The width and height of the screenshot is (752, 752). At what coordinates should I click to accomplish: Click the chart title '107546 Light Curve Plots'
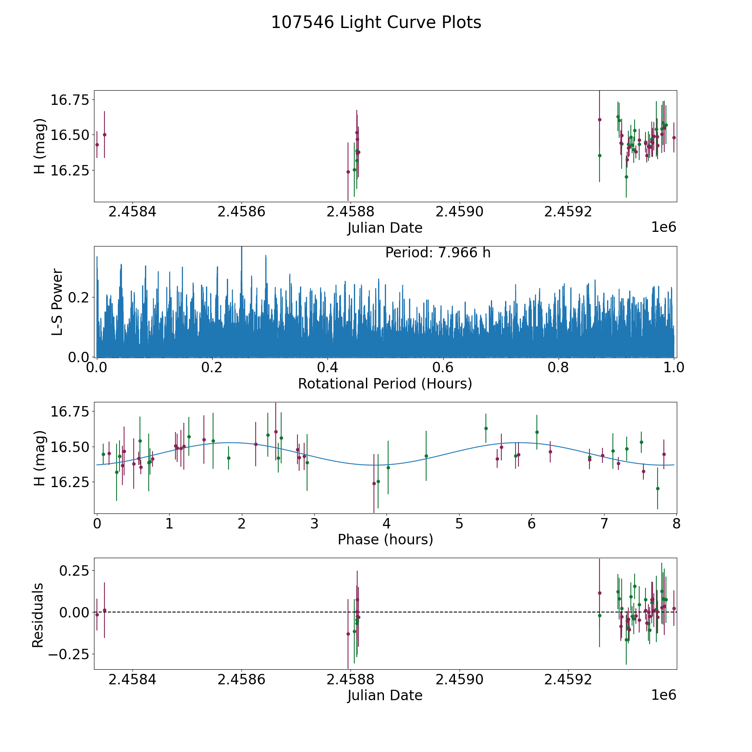(x=376, y=23)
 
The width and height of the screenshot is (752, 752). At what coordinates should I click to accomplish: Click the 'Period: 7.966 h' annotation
(x=438, y=253)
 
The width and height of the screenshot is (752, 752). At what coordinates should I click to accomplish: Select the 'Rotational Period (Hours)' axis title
(x=385, y=384)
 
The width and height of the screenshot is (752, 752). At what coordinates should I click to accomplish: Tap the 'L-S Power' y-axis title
(x=57, y=302)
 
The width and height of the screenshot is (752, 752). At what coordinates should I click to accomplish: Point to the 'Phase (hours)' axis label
(x=385, y=539)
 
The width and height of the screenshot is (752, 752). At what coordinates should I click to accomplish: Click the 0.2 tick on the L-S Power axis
(x=79, y=297)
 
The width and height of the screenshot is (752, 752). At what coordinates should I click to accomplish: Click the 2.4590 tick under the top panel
(x=460, y=212)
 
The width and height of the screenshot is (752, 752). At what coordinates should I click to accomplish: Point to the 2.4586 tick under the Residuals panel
(x=241, y=679)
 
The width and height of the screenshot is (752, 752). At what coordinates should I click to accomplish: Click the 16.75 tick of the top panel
(x=70, y=100)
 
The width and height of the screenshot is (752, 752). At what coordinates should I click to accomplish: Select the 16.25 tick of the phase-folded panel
(x=70, y=482)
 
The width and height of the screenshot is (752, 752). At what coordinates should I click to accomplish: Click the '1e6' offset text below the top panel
(x=663, y=227)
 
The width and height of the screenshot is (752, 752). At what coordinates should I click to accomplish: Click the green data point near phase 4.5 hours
(x=426, y=456)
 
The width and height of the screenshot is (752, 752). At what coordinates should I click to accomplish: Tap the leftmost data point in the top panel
(x=97, y=145)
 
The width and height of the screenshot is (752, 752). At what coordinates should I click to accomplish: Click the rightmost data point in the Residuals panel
(x=674, y=608)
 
